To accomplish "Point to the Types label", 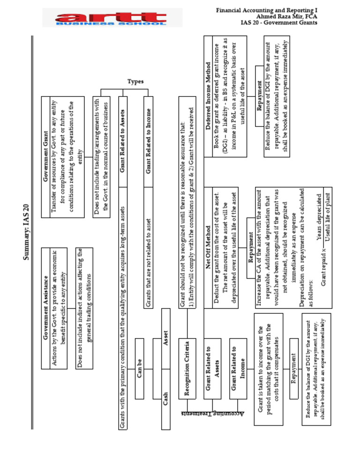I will click(x=135, y=81).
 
